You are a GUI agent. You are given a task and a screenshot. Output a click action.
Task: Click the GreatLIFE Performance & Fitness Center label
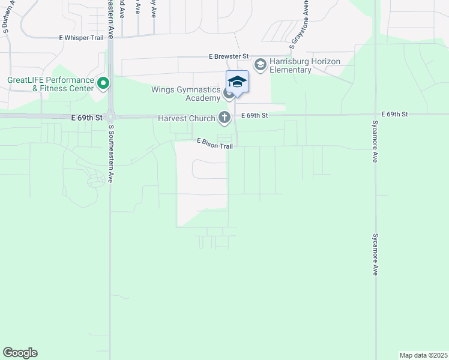pos(51,84)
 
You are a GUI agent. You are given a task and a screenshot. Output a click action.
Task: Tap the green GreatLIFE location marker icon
pos(103,83)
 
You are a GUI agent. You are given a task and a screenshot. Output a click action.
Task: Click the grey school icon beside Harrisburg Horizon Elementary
pos(261,64)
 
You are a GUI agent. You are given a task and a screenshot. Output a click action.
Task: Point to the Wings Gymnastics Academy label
pos(186,94)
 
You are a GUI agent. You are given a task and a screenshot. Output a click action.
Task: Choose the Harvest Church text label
pos(186,119)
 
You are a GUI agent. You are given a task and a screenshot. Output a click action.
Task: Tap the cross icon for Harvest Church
pos(224,118)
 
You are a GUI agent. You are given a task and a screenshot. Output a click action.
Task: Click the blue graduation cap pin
pos(237,83)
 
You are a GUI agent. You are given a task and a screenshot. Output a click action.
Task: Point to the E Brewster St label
pos(229,56)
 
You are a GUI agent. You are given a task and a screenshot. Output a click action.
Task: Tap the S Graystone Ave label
pos(299,24)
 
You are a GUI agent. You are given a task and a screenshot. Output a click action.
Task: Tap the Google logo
pos(20,353)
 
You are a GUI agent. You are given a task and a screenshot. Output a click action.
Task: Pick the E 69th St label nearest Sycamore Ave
pos(394,114)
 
